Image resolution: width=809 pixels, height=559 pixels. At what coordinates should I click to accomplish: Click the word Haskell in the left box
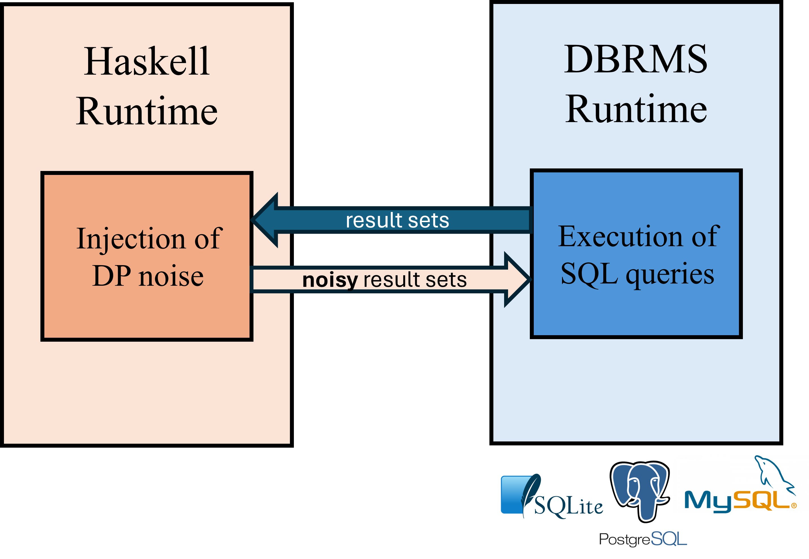[x=147, y=61]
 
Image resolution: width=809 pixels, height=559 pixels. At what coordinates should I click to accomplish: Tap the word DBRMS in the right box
[x=636, y=59]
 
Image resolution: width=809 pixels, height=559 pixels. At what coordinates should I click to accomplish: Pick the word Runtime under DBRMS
[x=636, y=109]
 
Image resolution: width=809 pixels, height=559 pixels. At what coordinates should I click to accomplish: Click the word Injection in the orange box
[x=130, y=239]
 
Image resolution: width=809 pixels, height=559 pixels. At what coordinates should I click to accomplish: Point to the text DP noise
[x=148, y=276]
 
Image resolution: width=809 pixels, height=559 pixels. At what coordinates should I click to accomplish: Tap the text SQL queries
[x=637, y=274]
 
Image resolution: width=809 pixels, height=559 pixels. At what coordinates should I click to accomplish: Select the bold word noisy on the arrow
[x=330, y=280]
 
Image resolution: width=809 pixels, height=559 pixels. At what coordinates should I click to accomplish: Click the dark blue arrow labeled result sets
[x=392, y=220]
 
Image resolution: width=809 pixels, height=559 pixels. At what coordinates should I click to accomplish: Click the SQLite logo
[x=552, y=496]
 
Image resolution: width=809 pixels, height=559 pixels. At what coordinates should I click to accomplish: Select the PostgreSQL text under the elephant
[x=643, y=539]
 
